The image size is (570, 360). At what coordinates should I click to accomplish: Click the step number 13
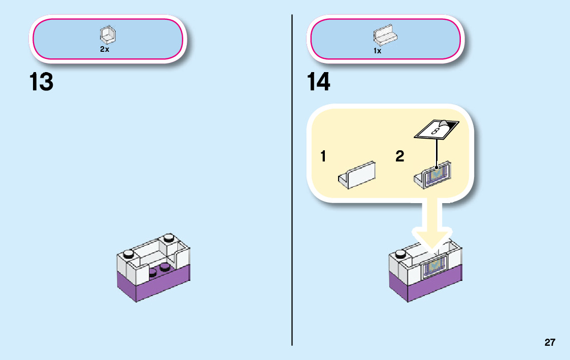(41, 82)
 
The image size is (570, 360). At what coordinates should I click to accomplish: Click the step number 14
(318, 82)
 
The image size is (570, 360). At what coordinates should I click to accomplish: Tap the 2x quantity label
(105, 50)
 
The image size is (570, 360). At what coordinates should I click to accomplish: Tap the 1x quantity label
(378, 51)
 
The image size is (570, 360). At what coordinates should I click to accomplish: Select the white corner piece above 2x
(108, 36)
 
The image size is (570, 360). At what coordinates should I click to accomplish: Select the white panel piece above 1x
(385, 35)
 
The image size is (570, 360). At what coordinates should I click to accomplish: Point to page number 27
(550, 342)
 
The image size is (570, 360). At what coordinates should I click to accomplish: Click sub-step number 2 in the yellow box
(400, 157)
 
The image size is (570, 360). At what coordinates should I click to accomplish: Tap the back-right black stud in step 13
(168, 237)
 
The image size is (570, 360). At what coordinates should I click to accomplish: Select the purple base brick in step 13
(152, 284)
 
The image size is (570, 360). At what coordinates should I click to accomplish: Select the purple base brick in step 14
(426, 287)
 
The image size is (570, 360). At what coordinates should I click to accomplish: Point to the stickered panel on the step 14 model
(434, 267)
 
